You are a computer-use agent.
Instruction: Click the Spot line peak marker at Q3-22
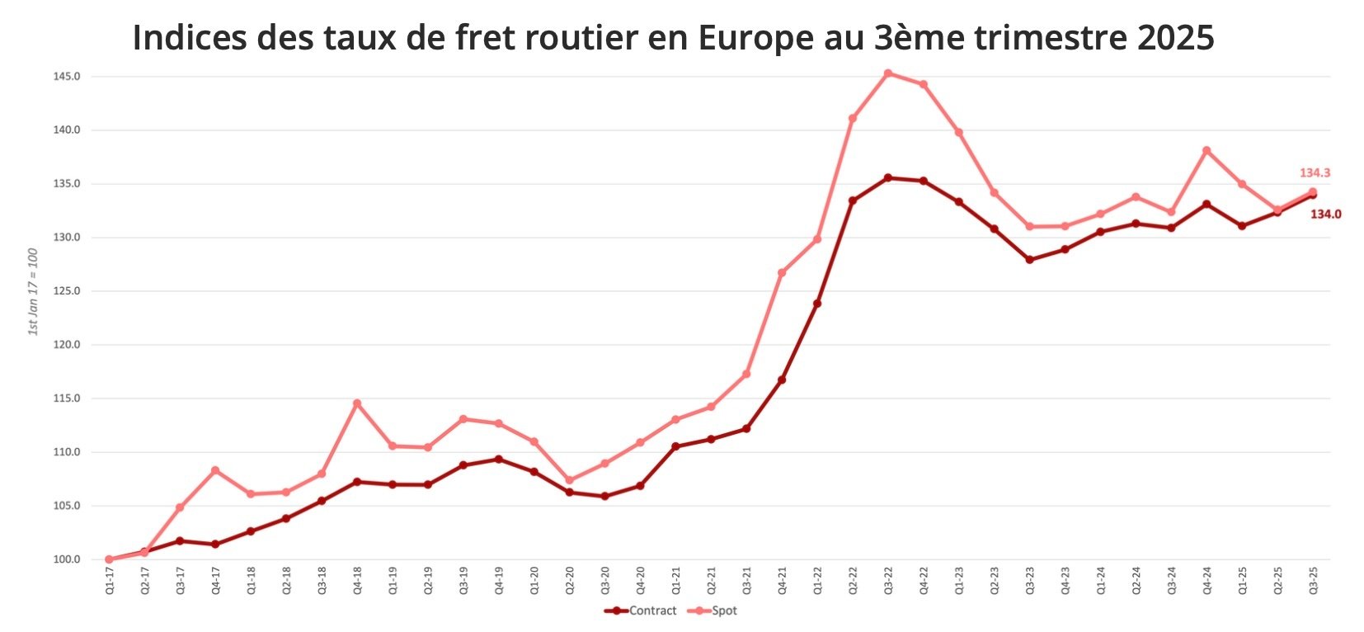point(887,73)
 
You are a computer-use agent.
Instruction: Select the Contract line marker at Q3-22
point(887,177)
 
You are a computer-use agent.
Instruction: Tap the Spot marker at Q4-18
point(357,403)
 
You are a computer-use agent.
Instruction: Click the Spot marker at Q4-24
point(1206,150)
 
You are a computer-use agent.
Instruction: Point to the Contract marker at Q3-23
point(1029,260)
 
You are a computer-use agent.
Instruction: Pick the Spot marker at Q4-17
point(215,470)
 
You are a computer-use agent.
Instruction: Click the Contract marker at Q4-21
point(782,380)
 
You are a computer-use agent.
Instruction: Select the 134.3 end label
point(1315,173)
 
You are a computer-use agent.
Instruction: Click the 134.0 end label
point(1325,215)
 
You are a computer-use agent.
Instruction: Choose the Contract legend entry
point(641,611)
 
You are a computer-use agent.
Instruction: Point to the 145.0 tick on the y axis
point(67,77)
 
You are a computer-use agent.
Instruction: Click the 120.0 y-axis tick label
point(67,345)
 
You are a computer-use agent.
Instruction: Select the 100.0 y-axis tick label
point(67,559)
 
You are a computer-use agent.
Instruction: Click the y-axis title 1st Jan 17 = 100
point(33,291)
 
